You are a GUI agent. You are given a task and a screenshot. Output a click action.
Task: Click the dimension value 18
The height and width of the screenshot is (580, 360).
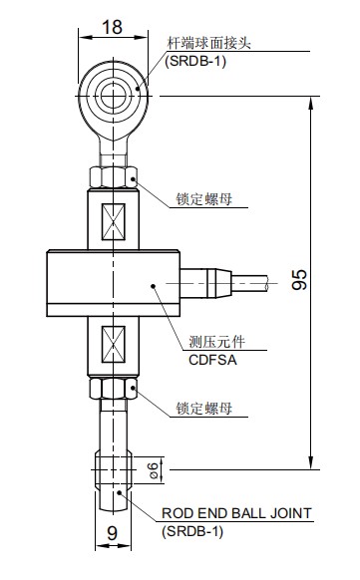pyautogui.click(x=113, y=27)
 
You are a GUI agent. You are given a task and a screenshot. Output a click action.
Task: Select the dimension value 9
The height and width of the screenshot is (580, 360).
pyautogui.click(x=113, y=534)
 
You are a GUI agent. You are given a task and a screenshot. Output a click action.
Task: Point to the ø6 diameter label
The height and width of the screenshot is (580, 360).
pyautogui.click(x=153, y=468)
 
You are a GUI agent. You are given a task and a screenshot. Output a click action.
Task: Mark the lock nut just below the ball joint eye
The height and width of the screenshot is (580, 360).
pyautogui.click(x=113, y=176)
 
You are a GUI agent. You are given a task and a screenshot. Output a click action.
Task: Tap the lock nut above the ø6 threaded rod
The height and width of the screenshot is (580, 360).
pyautogui.click(x=113, y=388)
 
